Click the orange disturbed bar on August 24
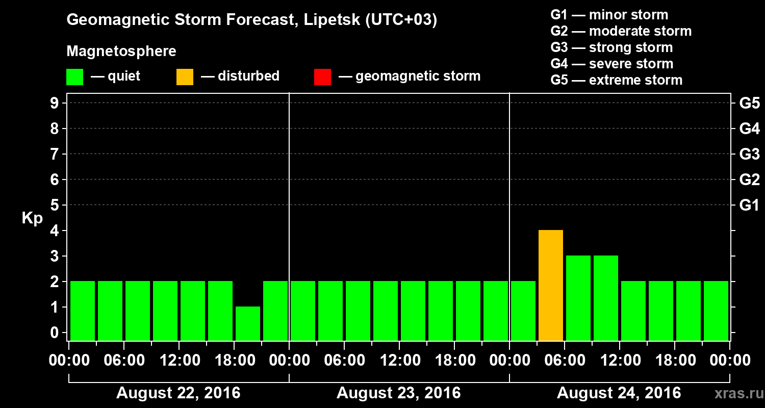coord(551,285)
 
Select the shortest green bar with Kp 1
coord(248,323)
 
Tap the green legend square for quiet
coord(74,76)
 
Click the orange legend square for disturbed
coord(185,76)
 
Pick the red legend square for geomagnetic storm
coord(322,76)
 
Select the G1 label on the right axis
coord(749,205)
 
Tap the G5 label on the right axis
coord(749,103)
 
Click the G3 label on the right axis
coord(749,154)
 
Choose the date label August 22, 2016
coord(178,393)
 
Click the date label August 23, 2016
coord(398,393)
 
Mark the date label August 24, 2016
coord(619,393)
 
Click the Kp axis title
coord(32,219)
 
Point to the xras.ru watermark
coord(734,393)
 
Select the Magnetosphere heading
coord(121,52)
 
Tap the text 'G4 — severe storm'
coord(611,64)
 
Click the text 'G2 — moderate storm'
coord(621,31)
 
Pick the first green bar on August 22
coord(83,310)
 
